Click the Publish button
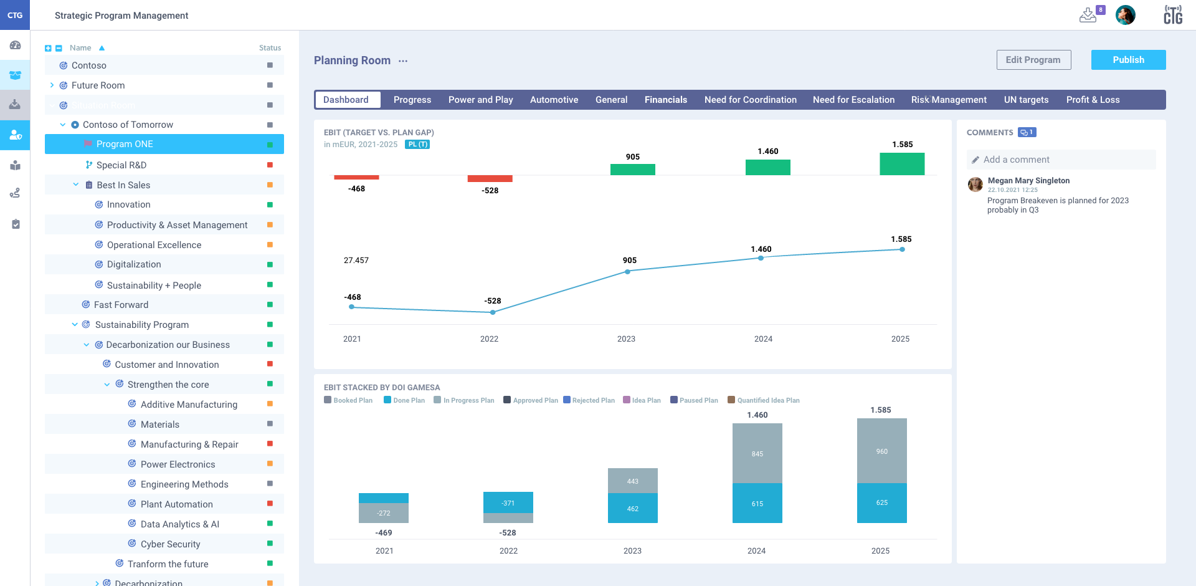click(1128, 60)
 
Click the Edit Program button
click(1033, 60)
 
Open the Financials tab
click(665, 100)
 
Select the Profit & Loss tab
click(1093, 100)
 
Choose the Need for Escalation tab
click(853, 100)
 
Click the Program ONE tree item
click(125, 144)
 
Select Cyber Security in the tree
click(170, 544)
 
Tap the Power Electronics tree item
click(178, 464)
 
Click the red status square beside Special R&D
click(270, 165)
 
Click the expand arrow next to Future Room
click(52, 85)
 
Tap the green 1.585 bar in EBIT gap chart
click(901, 164)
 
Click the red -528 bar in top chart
click(490, 179)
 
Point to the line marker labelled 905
click(627, 272)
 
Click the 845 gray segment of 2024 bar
click(757, 453)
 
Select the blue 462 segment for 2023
click(632, 508)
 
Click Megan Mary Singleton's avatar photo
click(975, 185)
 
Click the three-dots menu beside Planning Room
click(403, 61)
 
